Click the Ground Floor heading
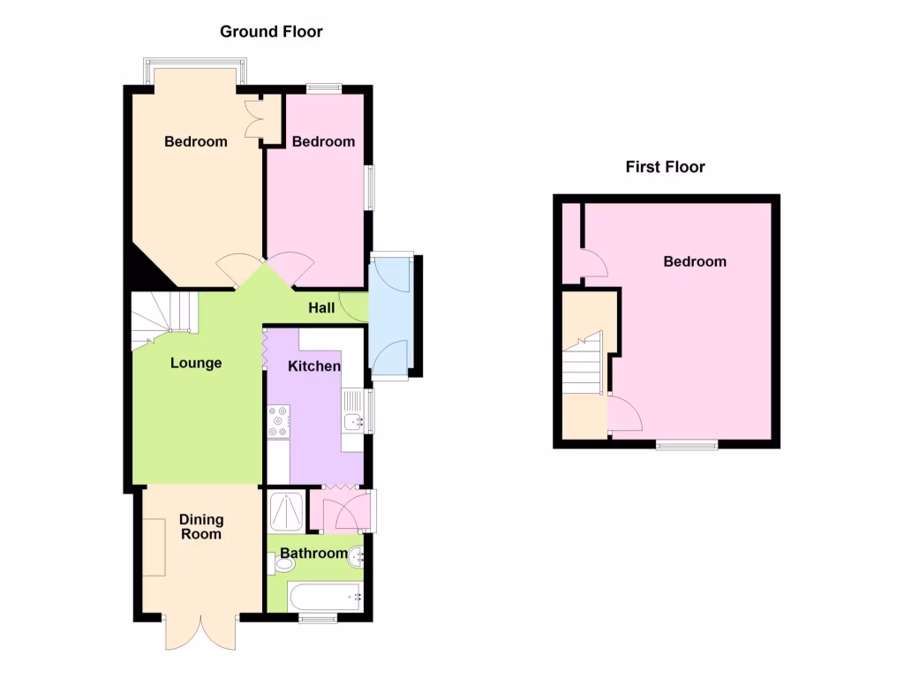point(271,32)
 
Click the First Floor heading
point(666,167)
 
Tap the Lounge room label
point(196,363)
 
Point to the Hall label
point(321,308)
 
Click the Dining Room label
point(202,526)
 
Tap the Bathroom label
point(313,554)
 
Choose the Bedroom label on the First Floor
point(695,261)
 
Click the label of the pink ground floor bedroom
point(324,141)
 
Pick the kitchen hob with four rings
point(277,421)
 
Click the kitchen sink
point(354,422)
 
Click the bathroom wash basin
point(357,557)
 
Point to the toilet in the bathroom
point(275,563)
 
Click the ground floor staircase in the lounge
point(163,316)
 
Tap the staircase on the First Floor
point(584,363)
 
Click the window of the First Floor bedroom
point(686,446)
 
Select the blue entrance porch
point(389,316)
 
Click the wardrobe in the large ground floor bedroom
point(261,118)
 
